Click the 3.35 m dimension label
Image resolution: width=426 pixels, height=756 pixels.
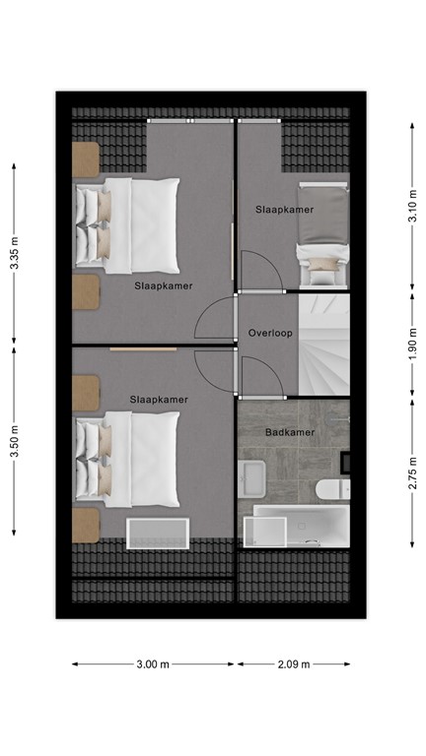pyautogui.click(x=14, y=252)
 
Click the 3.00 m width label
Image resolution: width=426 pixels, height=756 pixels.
pyautogui.click(x=153, y=664)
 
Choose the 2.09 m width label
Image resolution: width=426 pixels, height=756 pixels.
pyautogui.click(x=292, y=664)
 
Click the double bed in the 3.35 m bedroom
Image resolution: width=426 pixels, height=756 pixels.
pyautogui.click(x=128, y=224)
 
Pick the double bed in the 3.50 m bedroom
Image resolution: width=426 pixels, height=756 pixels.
pyautogui.click(x=128, y=458)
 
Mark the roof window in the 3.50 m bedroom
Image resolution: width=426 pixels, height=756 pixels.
pyautogui.click(x=157, y=535)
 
